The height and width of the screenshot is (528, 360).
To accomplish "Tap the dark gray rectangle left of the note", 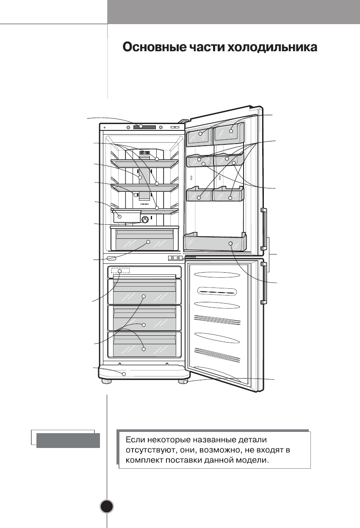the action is click(x=68, y=440).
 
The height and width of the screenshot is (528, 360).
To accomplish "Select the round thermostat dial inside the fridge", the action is click(x=145, y=219).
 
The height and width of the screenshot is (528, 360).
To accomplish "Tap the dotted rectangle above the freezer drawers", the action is click(x=120, y=271).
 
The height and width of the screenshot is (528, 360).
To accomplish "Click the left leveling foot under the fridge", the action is click(x=106, y=381).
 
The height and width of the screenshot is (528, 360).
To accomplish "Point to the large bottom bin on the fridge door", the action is click(x=216, y=244).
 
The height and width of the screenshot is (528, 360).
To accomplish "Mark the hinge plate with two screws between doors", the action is click(x=176, y=258).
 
